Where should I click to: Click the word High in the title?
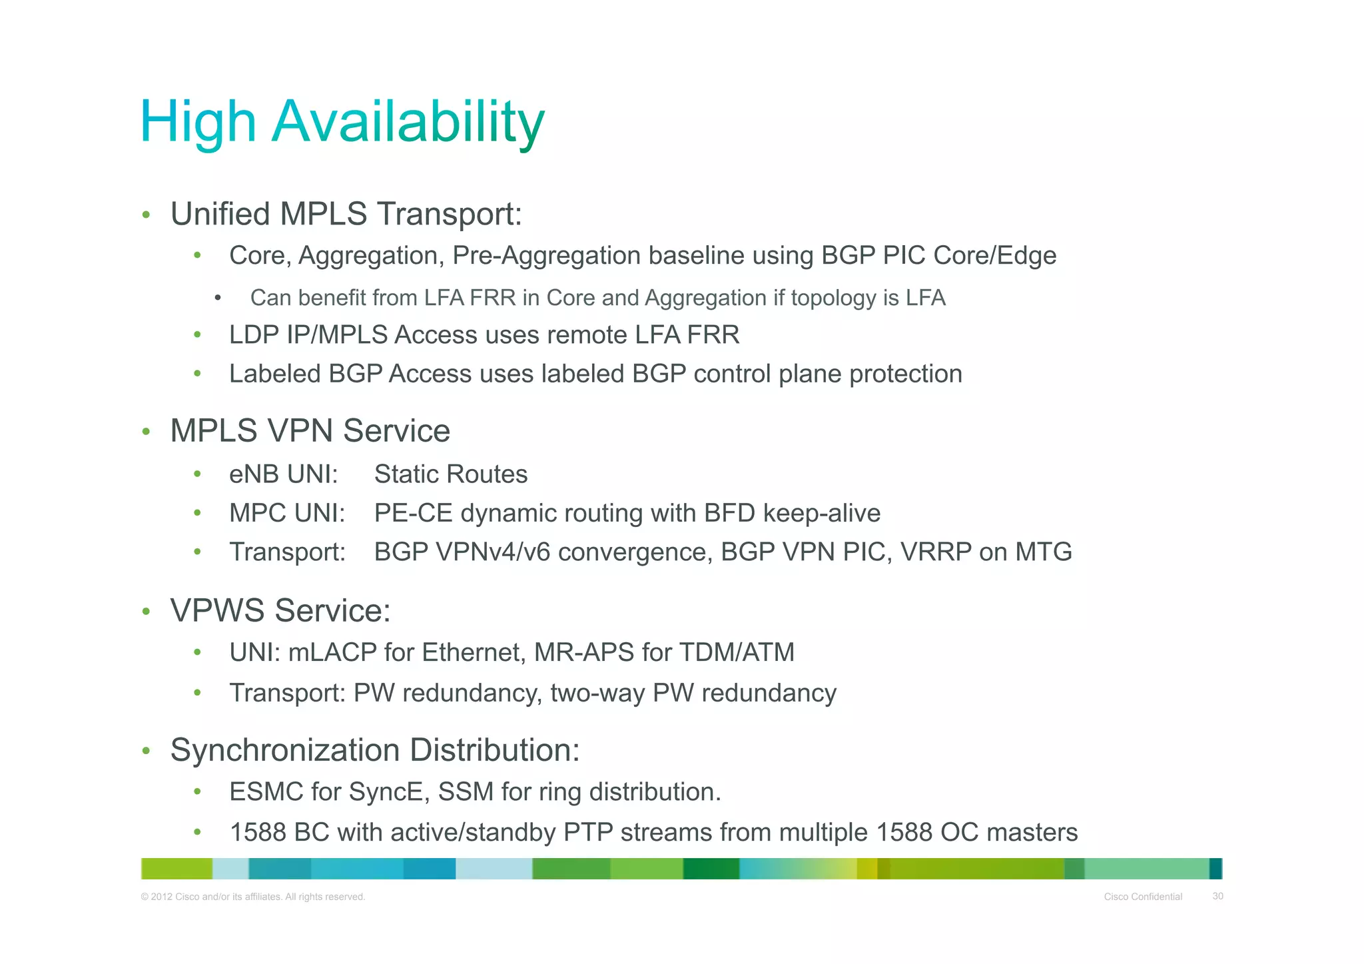198,122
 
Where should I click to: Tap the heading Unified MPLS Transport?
346,215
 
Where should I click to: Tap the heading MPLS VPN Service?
310,431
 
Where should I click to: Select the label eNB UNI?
284,474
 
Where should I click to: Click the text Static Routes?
451,474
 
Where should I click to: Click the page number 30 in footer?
1217,897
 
